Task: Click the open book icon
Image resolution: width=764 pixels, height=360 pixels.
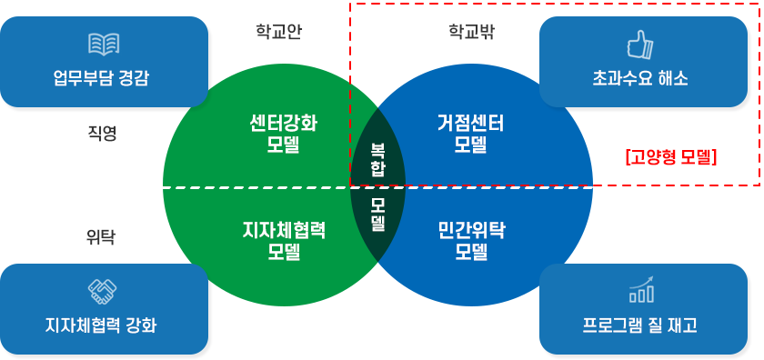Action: click(103, 44)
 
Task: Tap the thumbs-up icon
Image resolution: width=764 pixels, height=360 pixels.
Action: click(641, 44)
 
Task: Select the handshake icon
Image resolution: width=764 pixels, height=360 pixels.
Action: click(103, 292)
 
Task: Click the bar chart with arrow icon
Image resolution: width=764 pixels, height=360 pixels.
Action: click(641, 290)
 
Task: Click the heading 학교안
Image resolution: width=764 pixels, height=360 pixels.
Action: click(278, 32)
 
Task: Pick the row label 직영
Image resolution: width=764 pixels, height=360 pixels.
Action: click(102, 133)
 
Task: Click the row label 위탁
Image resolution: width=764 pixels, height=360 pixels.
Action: click(101, 237)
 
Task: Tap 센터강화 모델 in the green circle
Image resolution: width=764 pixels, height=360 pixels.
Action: click(284, 134)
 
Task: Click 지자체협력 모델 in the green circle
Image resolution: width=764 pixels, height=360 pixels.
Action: click(284, 240)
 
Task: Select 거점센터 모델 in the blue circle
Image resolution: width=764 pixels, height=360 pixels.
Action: click(470, 134)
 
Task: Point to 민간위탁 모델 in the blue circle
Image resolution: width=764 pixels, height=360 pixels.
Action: click(470, 240)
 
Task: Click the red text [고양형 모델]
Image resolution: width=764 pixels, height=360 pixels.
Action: click(672, 156)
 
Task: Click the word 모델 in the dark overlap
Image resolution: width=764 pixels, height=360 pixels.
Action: click(377, 215)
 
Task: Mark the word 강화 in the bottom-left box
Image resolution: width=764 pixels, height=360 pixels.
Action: click(138, 325)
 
